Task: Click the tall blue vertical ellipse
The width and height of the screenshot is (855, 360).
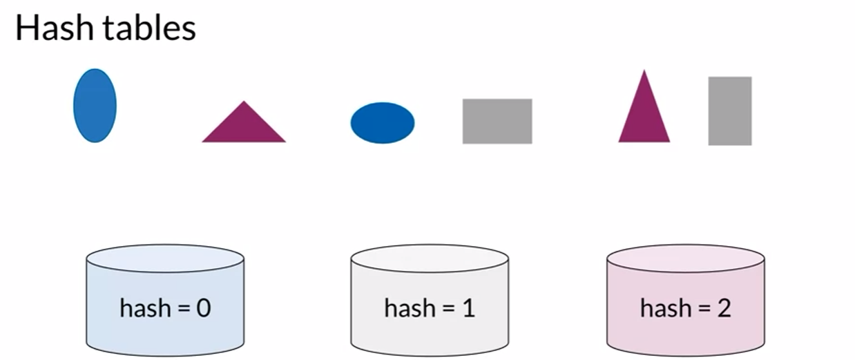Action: point(95,106)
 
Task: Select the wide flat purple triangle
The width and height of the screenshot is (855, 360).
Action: point(244,126)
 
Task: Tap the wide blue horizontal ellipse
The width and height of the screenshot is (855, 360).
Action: point(383,123)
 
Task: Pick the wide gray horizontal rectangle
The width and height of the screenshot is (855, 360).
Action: point(497,121)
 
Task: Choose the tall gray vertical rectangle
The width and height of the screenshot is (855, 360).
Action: point(730,111)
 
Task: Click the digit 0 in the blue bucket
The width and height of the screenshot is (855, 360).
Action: point(203,307)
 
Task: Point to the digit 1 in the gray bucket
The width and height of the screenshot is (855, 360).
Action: point(468,307)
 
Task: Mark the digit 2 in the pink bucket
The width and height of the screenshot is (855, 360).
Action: point(724,307)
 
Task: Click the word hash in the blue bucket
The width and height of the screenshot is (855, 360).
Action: point(142,307)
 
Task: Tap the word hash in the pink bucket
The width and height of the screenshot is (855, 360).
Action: point(663,307)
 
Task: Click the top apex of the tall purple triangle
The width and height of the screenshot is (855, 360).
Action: point(644,72)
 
